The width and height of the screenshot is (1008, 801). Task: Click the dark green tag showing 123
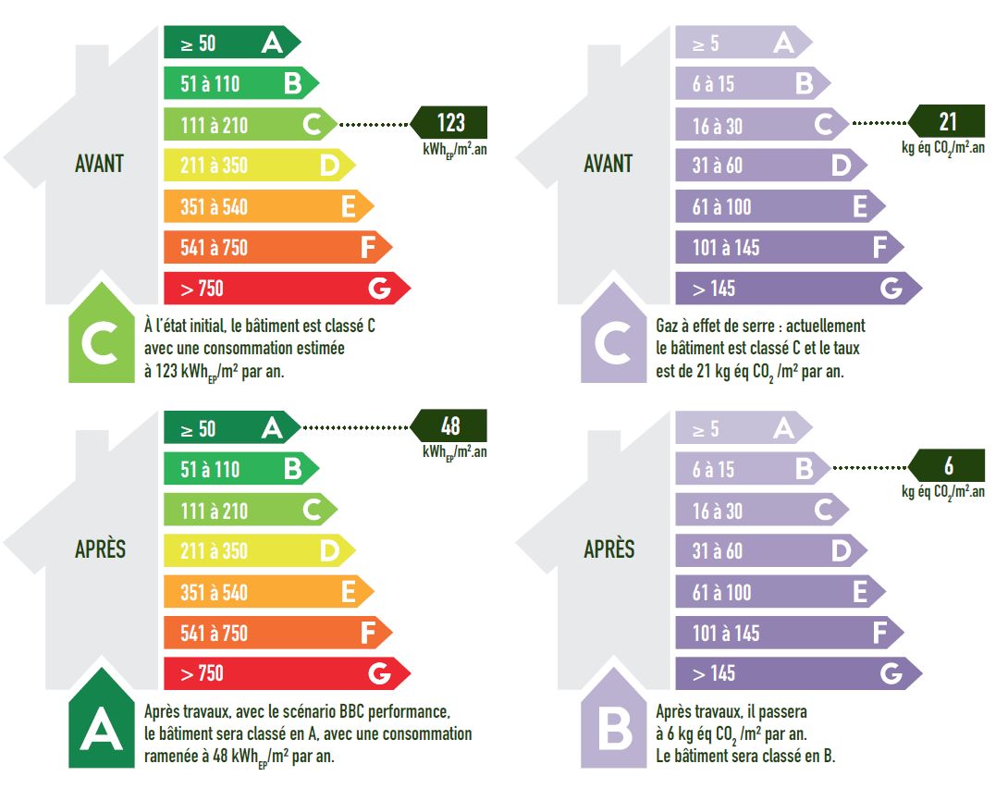click(449, 123)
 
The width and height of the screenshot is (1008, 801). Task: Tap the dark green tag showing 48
click(449, 426)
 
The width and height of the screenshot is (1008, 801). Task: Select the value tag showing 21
click(947, 122)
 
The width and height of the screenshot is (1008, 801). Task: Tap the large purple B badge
click(612, 727)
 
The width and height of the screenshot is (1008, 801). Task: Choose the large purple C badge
click(612, 342)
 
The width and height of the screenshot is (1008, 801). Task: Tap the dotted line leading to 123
click(374, 123)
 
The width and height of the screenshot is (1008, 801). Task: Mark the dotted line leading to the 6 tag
click(869, 468)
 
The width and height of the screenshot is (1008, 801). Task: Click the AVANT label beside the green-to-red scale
click(99, 164)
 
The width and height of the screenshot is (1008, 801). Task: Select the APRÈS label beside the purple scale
click(609, 549)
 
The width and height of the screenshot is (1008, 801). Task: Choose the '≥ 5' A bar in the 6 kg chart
click(740, 428)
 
